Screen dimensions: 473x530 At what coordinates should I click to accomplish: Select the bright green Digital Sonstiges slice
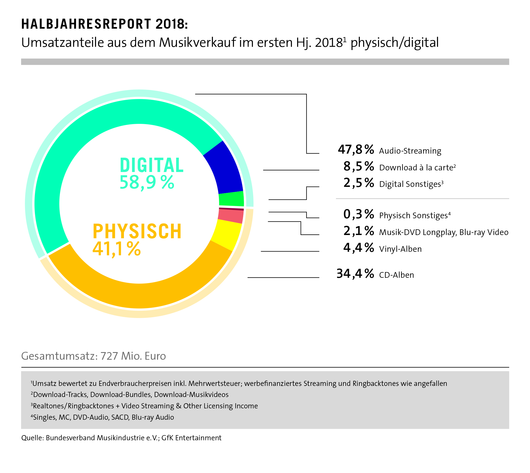click(x=232, y=199)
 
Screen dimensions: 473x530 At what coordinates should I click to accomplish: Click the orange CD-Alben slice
click(x=141, y=295)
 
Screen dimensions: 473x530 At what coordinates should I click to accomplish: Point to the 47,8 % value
click(x=356, y=150)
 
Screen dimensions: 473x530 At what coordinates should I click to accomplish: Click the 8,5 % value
click(x=359, y=166)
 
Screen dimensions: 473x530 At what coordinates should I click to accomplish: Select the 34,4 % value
click(x=355, y=274)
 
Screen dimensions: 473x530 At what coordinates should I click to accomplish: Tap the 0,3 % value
click(x=359, y=214)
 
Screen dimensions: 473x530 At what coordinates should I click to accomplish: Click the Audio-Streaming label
click(x=410, y=151)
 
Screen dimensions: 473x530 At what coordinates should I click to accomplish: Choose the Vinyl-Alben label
click(x=400, y=249)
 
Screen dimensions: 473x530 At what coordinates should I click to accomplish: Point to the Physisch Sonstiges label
click(x=414, y=216)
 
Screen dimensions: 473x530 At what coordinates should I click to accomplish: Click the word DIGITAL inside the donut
click(x=152, y=165)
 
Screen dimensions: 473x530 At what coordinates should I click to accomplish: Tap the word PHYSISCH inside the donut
click(x=137, y=231)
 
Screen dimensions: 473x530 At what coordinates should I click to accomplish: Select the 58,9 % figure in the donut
click(x=147, y=183)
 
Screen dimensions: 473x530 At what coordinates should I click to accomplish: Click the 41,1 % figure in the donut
click(x=117, y=249)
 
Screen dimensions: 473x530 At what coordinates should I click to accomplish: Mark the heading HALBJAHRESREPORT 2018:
click(x=104, y=24)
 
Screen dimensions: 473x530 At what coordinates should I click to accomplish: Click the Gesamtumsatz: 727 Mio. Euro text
click(x=94, y=356)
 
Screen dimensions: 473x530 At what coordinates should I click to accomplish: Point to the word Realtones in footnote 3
click(x=49, y=406)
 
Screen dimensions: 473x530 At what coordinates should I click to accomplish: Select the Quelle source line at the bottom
click(x=121, y=438)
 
